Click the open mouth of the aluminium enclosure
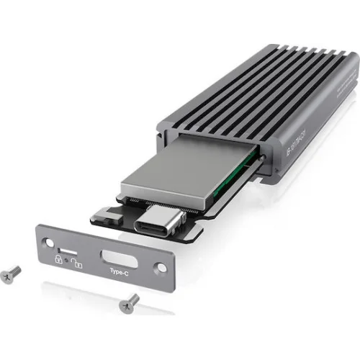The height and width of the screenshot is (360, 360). [x=209, y=144]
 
